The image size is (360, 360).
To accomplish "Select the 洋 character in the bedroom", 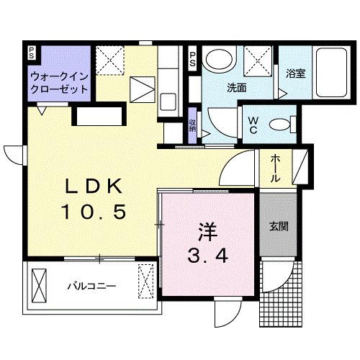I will coord(207,233).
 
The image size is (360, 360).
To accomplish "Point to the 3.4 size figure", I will coord(207,255).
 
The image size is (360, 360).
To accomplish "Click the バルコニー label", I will coord(92,285).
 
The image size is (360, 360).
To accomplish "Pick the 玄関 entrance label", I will coord(279,226).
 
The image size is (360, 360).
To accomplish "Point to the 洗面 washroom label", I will coord(236,88).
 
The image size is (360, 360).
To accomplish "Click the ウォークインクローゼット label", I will coord(59,82).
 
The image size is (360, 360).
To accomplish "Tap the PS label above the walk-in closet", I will coord(32,53).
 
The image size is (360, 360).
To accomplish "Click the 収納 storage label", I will coord(193,123).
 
